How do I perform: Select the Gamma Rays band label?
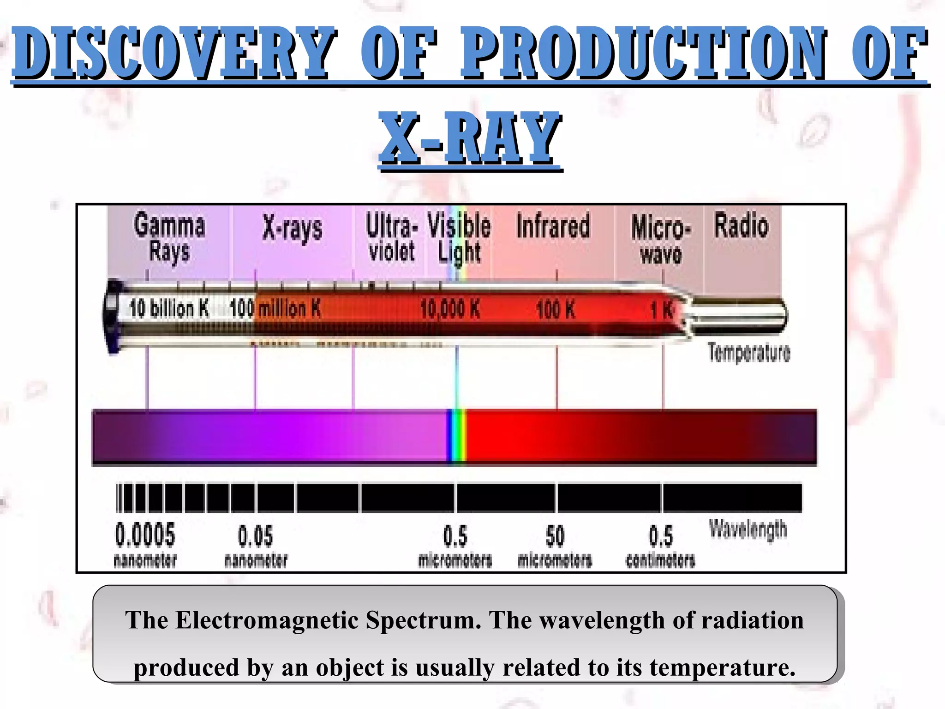click(169, 238)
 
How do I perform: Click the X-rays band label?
click(293, 228)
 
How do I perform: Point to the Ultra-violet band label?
click(391, 237)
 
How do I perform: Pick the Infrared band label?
click(553, 226)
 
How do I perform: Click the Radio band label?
click(742, 226)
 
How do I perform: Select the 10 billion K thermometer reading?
click(169, 308)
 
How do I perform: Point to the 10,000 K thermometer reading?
click(450, 308)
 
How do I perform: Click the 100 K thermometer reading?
click(556, 309)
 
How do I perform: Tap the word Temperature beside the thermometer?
click(748, 353)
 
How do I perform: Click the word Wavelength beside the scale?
click(748, 529)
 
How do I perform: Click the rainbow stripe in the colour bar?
click(457, 436)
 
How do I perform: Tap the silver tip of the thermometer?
click(738, 316)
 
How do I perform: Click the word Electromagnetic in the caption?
click(267, 620)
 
